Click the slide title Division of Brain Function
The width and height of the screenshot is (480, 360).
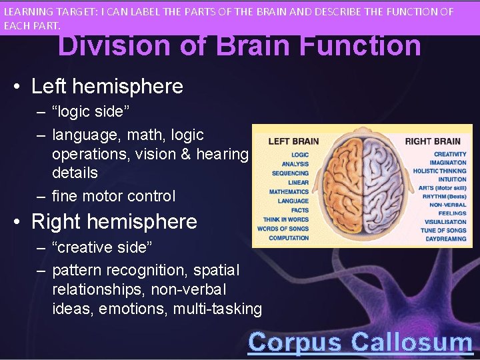click(239, 47)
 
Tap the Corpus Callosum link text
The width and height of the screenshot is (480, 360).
click(360, 342)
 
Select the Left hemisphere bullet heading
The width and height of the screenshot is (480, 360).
click(107, 86)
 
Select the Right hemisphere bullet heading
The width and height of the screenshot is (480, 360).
click(114, 221)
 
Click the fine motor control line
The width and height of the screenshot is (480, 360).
click(113, 196)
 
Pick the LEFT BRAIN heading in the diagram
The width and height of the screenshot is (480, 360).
click(293, 141)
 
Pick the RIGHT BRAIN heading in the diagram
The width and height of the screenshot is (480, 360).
click(433, 141)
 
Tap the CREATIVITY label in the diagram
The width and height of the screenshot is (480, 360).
click(450, 154)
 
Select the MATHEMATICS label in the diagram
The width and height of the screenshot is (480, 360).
click(289, 192)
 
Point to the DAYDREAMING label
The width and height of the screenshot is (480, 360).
click(446, 239)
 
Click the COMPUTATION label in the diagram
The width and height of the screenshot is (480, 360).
click(289, 238)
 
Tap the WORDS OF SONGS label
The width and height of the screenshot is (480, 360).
click(283, 229)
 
